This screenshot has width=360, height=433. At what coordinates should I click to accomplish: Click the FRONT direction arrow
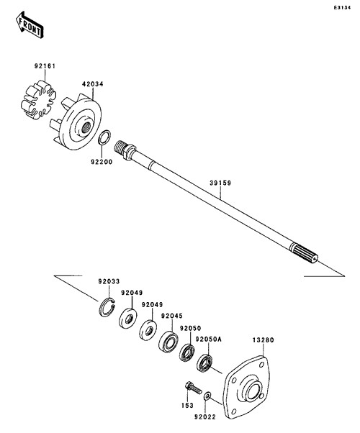(30, 24)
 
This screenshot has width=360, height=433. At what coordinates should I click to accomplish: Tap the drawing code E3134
(342, 7)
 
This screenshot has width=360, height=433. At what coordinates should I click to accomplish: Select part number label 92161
(45, 66)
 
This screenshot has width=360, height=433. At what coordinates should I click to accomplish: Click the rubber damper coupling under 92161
(38, 100)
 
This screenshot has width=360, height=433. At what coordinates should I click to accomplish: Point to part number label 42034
(92, 83)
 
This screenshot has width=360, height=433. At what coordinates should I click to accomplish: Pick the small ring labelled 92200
(105, 137)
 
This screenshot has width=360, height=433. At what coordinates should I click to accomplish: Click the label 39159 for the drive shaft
(220, 183)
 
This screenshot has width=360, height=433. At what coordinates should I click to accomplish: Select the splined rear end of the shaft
(304, 252)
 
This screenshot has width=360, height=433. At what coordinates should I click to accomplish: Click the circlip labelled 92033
(107, 307)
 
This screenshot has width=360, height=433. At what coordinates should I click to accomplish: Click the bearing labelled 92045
(168, 342)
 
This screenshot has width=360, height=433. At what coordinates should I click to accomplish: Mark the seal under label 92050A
(205, 363)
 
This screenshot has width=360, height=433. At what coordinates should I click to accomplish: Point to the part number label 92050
(191, 328)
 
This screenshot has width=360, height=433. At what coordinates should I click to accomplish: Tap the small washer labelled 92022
(207, 396)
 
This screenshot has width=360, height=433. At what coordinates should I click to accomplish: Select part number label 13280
(263, 340)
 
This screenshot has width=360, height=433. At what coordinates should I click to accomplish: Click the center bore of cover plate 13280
(253, 393)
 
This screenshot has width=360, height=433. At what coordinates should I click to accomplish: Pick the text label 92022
(204, 417)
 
